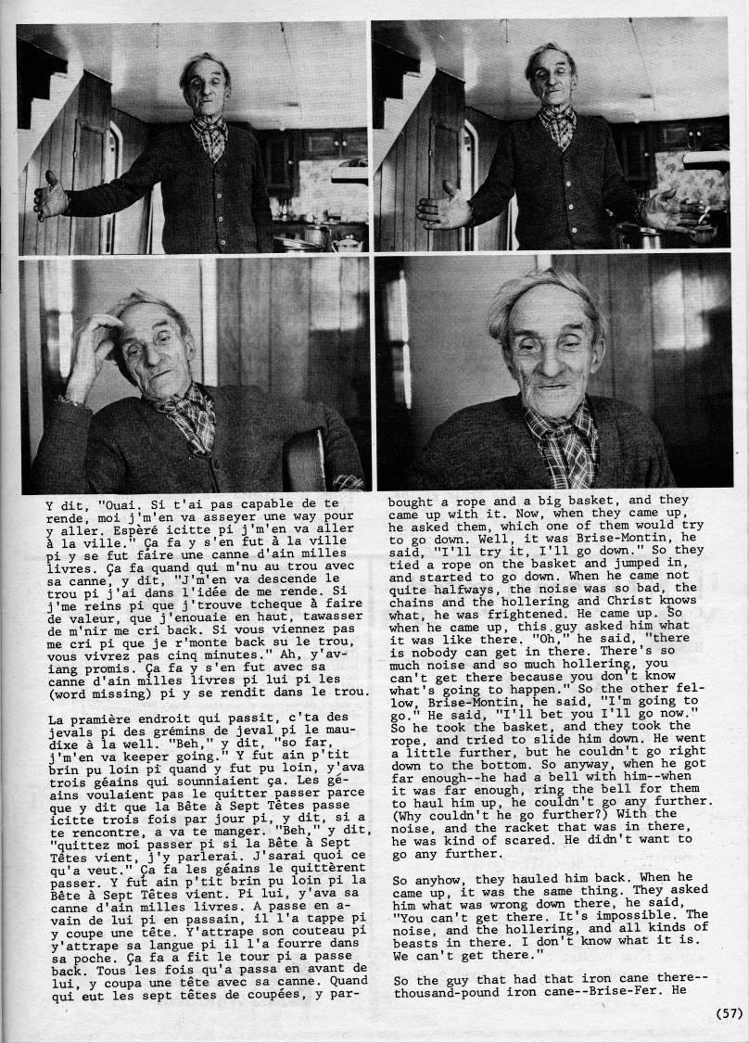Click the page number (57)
tap(729, 1013)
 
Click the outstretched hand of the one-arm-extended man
tap(50, 196)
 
